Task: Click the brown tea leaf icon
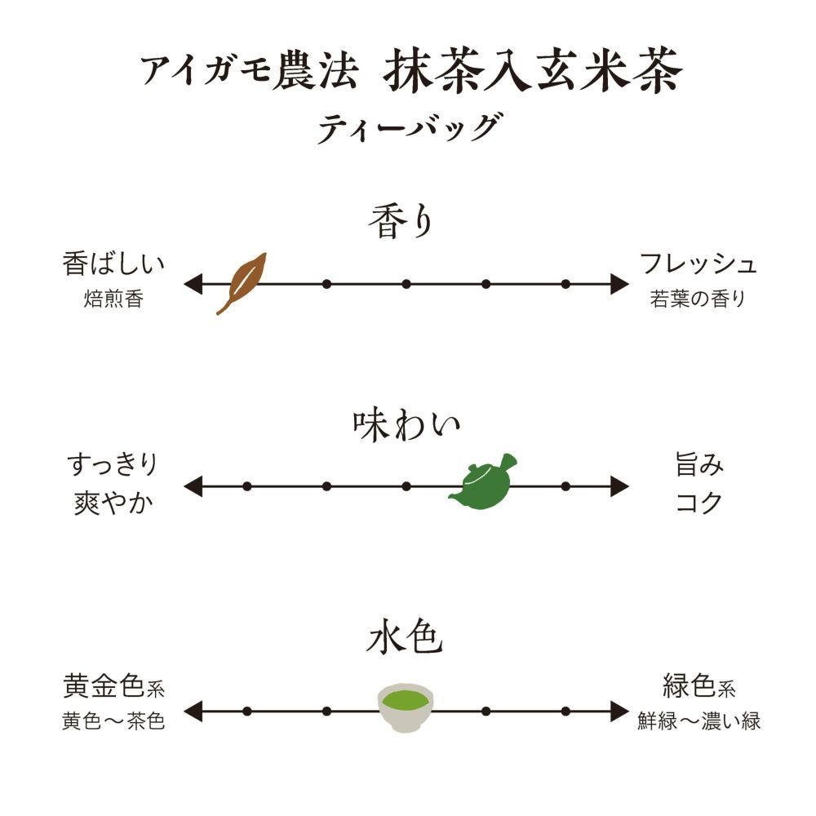pos(242,282)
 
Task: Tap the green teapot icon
pos(483,483)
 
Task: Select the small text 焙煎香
pos(113,299)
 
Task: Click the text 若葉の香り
pos(698,299)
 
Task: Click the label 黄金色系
pos(113,687)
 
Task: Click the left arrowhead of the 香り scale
pos(193,284)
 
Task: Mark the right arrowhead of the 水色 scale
pos(620,711)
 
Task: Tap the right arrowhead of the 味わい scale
pos(620,487)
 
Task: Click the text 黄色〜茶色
pos(113,722)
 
